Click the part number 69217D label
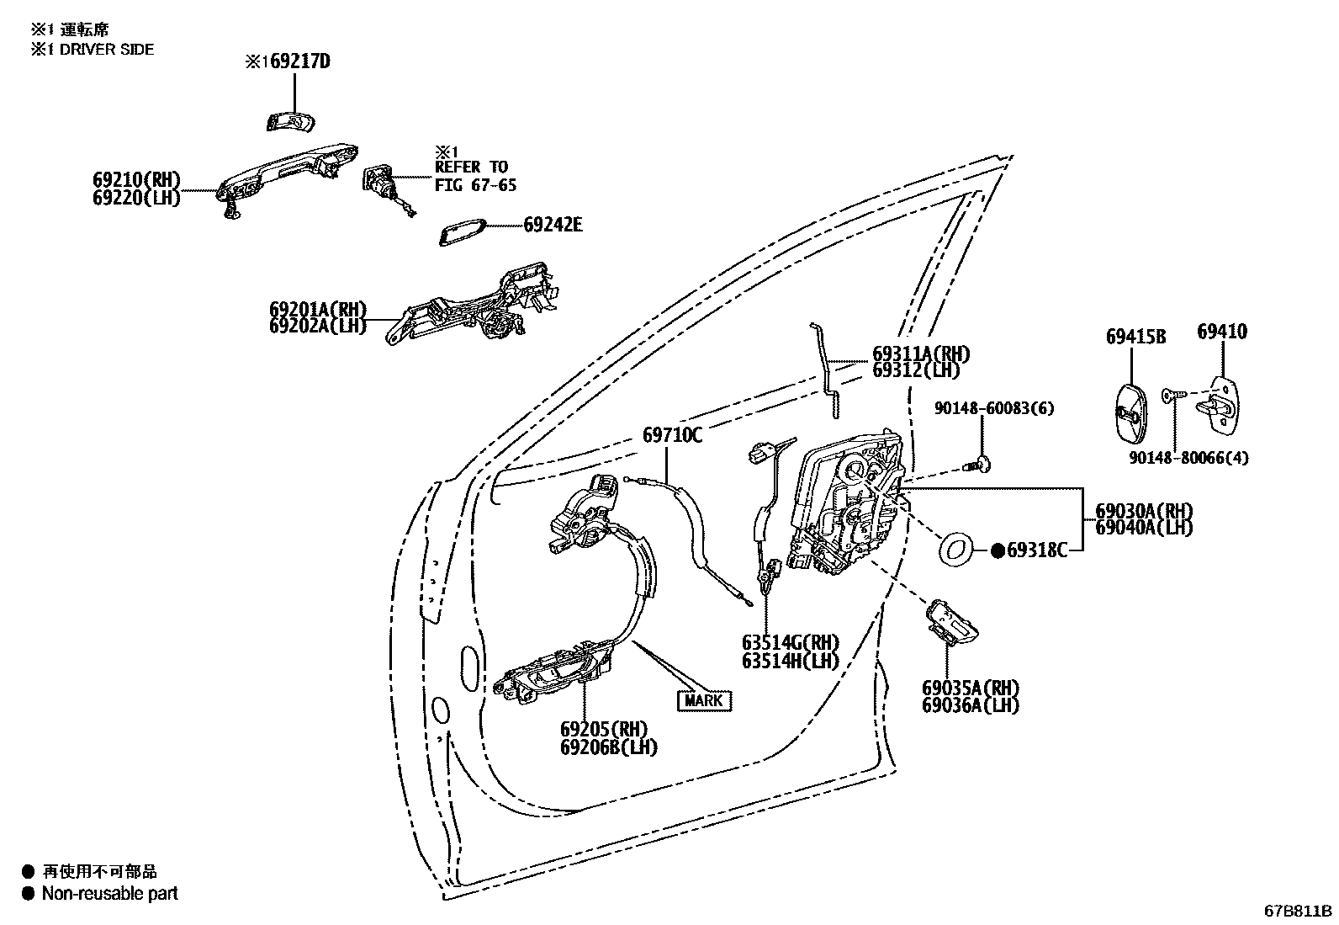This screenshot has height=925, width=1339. coord(299,62)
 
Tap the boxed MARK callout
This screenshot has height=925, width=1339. coord(703,700)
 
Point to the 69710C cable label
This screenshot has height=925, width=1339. coord(672,435)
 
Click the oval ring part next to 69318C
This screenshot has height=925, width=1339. coord(955,550)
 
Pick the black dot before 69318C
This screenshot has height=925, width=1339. coord(998,550)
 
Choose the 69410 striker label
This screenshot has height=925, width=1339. coord(1221,332)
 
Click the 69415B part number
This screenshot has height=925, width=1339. coord(1135,337)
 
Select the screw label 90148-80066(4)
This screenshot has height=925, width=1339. coord(1188,458)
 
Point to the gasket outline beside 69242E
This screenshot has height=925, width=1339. coord(462,233)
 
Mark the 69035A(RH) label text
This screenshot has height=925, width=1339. coord(971,688)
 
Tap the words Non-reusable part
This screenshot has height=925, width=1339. coord(109,894)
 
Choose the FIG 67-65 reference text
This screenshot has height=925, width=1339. coord(475,185)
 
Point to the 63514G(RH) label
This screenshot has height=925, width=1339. coord(791,644)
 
